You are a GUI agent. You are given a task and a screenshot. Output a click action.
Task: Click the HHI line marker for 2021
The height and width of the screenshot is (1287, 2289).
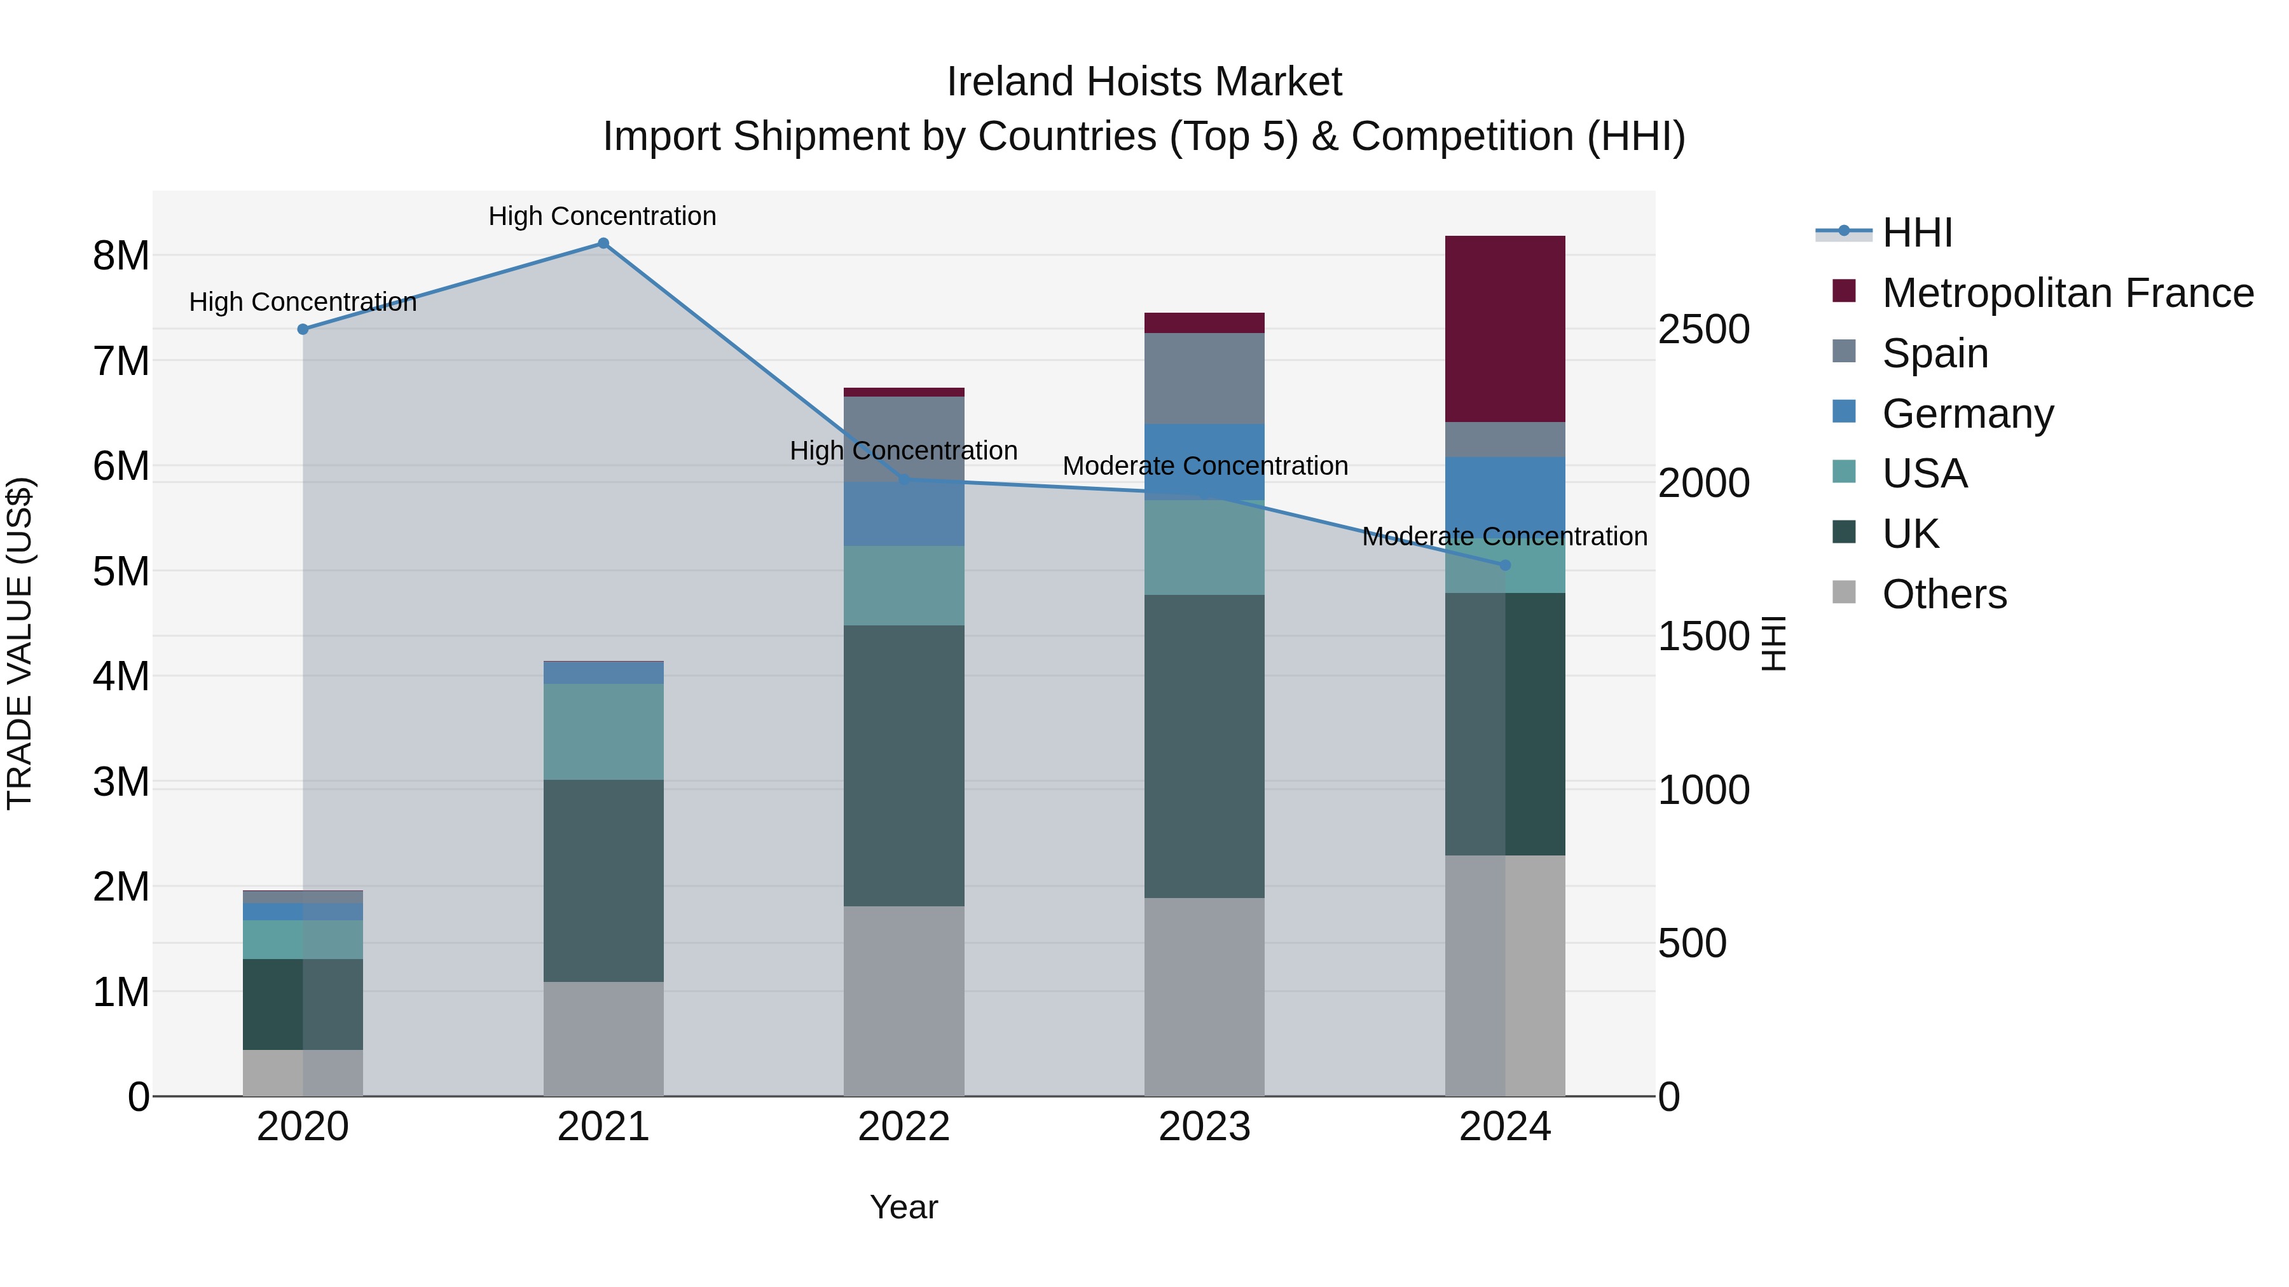[603, 243]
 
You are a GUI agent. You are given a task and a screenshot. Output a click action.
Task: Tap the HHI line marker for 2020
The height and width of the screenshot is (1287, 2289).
[303, 329]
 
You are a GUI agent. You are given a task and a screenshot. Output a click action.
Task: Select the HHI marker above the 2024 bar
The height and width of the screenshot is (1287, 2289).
[1504, 565]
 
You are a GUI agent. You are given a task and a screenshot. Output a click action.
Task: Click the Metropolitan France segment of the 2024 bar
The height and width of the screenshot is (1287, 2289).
[1504, 329]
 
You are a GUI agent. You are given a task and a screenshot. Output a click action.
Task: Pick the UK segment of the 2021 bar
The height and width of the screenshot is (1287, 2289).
[603, 880]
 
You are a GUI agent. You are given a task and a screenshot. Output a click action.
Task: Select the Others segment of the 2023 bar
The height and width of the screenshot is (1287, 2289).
[1204, 997]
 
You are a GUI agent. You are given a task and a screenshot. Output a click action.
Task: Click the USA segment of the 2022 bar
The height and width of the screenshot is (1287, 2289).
[904, 585]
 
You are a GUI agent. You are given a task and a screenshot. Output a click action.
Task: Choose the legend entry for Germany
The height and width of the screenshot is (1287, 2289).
[1967, 414]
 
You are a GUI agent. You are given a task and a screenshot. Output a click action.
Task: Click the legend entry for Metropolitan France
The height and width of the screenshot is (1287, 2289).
[2067, 293]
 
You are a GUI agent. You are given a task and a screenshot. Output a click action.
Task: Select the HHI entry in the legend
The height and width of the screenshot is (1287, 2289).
[1916, 233]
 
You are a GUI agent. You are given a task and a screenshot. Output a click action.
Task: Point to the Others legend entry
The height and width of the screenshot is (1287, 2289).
[1943, 594]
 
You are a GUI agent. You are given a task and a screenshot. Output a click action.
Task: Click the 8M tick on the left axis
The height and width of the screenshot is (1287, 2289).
[121, 255]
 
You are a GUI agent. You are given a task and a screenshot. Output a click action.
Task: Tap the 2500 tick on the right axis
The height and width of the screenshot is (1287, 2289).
[1703, 329]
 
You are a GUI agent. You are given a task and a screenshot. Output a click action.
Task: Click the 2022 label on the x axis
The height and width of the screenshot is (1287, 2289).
[904, 1127]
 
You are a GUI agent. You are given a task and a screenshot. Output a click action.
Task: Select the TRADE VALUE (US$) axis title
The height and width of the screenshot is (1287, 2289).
[20, 643]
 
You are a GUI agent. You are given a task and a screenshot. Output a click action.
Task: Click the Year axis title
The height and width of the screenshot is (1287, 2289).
[904, 1207]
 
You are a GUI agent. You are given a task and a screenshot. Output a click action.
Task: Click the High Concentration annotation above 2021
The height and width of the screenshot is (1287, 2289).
[603, 216]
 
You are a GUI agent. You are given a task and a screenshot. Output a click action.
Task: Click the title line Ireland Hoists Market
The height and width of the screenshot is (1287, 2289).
[1144, 82]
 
